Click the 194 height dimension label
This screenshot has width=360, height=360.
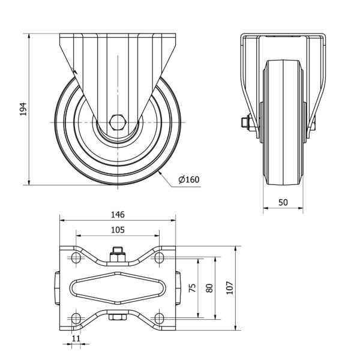(23, 109)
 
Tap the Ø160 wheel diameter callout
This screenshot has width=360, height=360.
(189, 179)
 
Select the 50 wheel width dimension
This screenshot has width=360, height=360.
(283, 202)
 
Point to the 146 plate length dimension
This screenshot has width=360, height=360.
(118, 214)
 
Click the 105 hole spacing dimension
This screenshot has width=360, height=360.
(118, 230)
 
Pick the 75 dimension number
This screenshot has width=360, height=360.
(192, 287)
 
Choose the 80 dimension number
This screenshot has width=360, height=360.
(209, 288)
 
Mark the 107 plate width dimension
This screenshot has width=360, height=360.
(230, 287)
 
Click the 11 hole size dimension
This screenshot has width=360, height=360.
(76, 338)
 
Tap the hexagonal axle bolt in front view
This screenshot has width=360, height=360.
(118, 122)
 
